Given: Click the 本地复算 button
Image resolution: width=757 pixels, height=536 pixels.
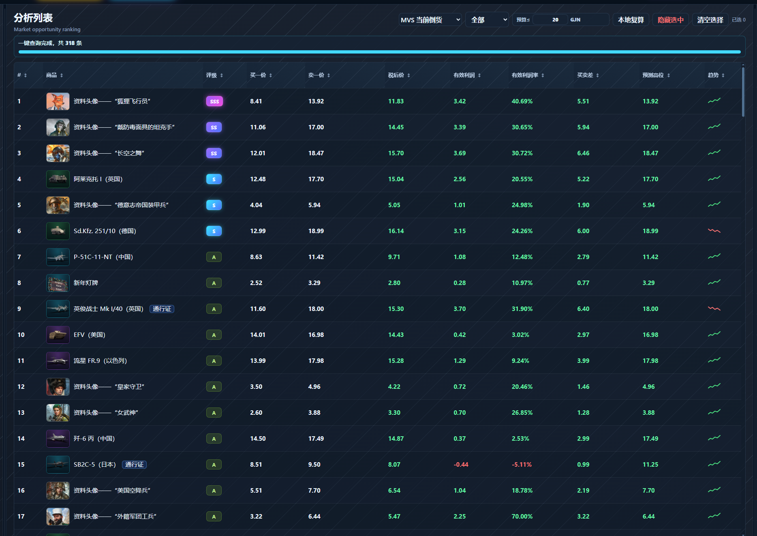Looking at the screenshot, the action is click(631, 20).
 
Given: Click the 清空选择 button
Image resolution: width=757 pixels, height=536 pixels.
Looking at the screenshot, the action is click(710, 20).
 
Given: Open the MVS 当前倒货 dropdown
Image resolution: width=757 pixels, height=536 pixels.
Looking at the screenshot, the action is click(430, 20).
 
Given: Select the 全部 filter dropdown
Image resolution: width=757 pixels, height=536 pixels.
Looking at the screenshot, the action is click(487, 20).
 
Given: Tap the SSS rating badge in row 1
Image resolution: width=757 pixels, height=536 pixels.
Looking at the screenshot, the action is click(214, 101).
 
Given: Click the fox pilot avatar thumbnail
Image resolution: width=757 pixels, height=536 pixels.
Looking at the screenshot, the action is click(58, 101).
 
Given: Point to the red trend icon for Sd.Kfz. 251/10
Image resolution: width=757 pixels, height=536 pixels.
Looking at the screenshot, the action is click(714, 231).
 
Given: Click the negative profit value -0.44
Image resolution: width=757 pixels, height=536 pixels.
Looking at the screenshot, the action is click(461, 465).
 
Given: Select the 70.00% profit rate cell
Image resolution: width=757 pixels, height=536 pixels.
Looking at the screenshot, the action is click(522, 517).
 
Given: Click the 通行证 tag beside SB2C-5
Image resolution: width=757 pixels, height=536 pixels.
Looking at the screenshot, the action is click(134, 465).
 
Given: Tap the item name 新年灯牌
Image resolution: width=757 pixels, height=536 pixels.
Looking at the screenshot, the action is click(86, 283).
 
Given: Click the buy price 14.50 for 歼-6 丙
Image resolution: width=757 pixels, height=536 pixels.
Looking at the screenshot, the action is click(258, 439).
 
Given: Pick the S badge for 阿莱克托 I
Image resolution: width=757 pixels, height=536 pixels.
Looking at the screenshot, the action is click(214, 179).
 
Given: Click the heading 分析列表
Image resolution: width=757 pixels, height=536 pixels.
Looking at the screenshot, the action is click(33, 18).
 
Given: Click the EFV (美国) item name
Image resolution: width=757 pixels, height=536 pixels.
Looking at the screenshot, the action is click(90, 335).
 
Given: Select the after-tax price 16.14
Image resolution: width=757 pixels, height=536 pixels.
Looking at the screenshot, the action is click(396, 231).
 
